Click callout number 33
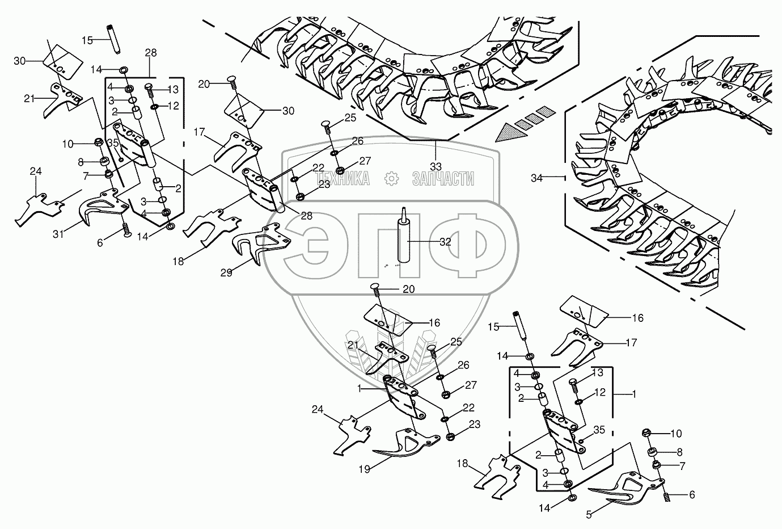[x=436, y=167]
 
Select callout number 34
[x=536, y=178]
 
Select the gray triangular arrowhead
[x=506, y=133]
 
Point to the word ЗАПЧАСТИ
[x=442, y=179]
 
